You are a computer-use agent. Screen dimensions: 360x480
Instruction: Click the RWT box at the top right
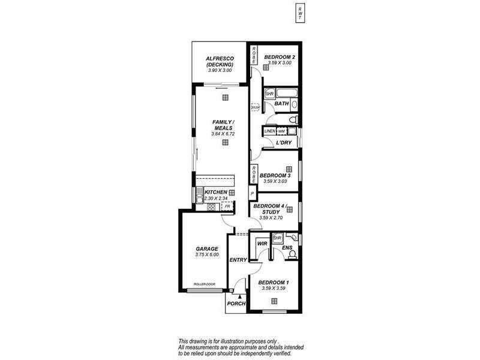click(299, 13)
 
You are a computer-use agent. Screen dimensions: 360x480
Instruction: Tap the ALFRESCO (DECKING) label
click(219, 61)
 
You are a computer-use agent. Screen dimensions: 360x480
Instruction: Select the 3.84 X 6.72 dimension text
click(223, 134)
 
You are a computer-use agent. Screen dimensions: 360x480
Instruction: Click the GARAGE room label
click(206, 248)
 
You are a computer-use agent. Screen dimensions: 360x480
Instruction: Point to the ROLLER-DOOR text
click(204, 284)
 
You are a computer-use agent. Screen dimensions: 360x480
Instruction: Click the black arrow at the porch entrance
click(240, 296)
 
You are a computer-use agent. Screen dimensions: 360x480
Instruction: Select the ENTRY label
click(238, 260)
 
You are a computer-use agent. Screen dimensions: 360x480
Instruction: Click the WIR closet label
click(262, 244)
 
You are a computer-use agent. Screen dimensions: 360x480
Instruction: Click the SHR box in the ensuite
click(277, 238)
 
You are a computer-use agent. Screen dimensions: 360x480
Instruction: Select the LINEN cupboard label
click(269, 131)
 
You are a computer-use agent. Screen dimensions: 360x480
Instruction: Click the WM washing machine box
click(281, 131)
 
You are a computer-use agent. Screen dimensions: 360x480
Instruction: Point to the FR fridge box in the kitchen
click(227, 206)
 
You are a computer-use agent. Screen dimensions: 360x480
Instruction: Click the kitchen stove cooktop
click(211, 207)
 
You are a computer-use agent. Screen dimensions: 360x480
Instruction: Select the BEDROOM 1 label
click(274, 282)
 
